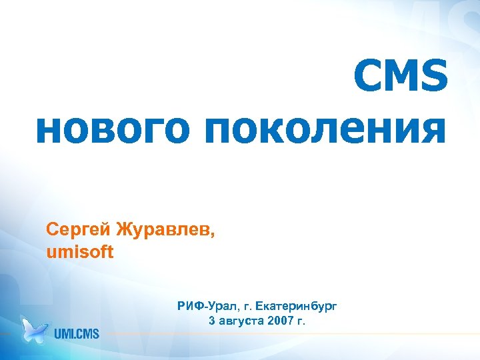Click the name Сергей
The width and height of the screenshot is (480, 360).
(78, 231)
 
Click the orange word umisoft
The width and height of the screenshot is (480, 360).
(81, 253)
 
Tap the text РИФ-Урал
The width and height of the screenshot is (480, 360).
(203, 307)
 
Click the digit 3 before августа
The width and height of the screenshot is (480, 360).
(212, 321)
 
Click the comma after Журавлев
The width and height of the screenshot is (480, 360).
(214, 235)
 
